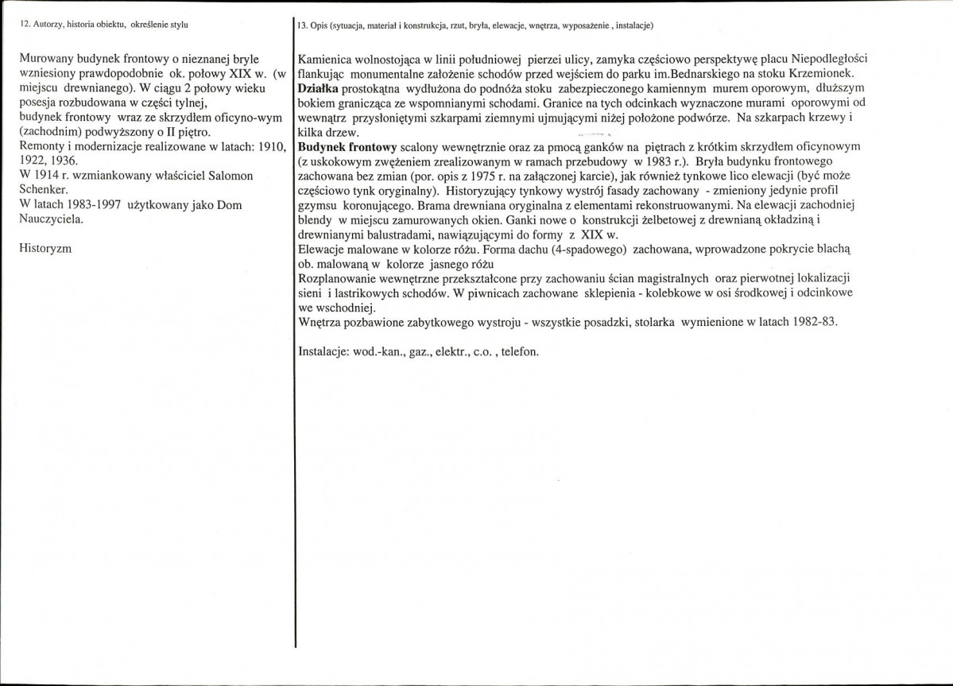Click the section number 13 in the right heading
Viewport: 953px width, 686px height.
click(x=301, y=26)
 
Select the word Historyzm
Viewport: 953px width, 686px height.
click(x=44, y=249)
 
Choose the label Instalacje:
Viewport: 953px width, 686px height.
click(x=327, y=350)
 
